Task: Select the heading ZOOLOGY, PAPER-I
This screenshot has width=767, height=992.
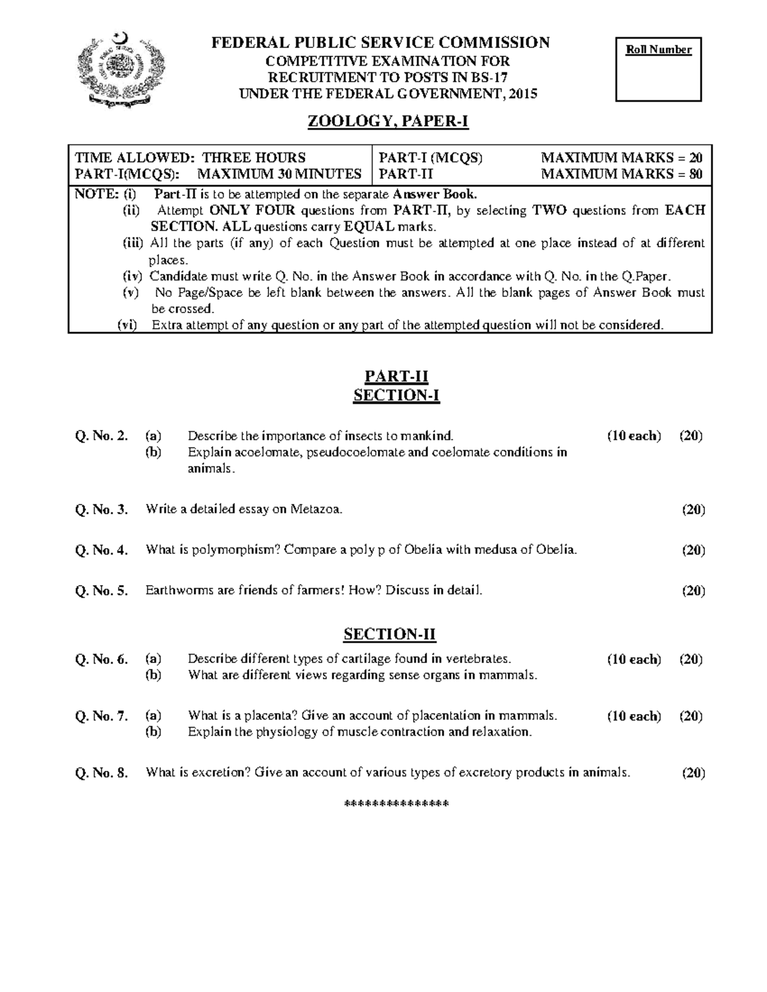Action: tap(389, 121)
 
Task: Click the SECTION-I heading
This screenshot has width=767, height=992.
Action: tap(396, 396)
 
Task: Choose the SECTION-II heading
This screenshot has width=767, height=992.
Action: tap(389, 634)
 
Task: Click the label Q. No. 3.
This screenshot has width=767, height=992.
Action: tap(102, 510)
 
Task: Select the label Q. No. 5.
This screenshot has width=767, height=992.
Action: tap(102, 591)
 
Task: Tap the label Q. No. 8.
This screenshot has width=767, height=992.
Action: tap(102, 773)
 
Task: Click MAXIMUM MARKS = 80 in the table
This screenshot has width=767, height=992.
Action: tap(622, 174)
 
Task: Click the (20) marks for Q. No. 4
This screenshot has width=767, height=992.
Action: tap(693, 550)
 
